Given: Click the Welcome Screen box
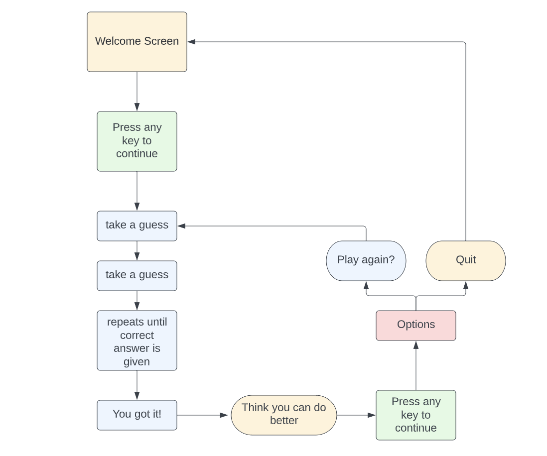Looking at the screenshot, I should coord(137,42).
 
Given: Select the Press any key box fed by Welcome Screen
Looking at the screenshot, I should coord(137,141).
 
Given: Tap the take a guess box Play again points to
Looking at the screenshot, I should coord(137,226).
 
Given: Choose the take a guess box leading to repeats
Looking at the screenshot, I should coord(137,275).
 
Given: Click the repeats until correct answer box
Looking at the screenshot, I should coord(137,341).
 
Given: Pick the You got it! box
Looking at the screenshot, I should coord(137,415).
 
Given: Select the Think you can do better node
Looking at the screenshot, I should coord(284,415).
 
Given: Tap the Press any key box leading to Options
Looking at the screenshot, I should coord(416,415).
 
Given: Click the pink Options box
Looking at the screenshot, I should coord(416,325).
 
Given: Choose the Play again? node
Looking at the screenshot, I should coord(366,260).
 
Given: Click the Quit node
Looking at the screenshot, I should coord(466,260).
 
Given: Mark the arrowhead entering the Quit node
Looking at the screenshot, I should coord(466,285).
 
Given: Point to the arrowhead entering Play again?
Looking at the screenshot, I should coord(366,285).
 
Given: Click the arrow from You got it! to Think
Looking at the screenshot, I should coord(202,415).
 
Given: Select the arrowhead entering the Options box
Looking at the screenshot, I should coord(416,345).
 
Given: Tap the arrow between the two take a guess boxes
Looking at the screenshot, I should coord(137,251).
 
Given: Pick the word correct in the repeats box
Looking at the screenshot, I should coord(137,335).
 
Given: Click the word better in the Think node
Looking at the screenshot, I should coord(284,421).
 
